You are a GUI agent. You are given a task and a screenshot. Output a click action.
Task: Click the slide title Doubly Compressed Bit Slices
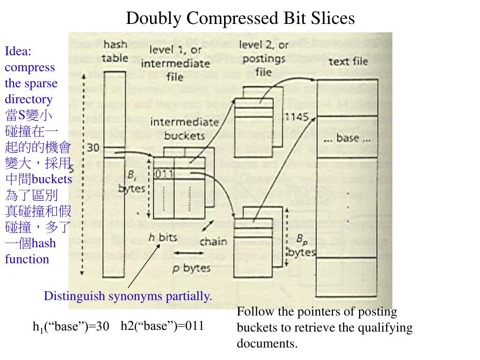(240, 18)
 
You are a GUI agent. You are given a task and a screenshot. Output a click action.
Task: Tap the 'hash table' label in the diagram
(115, 52)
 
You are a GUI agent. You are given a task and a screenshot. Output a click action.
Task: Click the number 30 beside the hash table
(93, 148)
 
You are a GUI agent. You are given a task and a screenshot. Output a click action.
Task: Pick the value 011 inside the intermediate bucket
(164, 174)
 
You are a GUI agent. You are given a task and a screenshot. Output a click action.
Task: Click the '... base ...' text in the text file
(347, 138)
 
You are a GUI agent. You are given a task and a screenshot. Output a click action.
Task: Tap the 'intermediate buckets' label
(178, 128)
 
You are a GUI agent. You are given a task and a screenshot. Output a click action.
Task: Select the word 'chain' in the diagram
(213, 242)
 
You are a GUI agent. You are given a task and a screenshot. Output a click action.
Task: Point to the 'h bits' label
(163, 237)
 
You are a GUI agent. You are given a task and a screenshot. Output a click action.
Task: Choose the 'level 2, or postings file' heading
(263, 59)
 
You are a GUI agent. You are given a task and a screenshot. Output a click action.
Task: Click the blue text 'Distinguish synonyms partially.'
(128, 296)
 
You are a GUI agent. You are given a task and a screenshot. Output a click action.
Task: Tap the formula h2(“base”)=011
(162, 326)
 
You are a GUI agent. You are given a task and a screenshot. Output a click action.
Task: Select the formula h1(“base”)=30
(71, 327)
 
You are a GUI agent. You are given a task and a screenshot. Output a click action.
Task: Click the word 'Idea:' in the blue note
(17, 51)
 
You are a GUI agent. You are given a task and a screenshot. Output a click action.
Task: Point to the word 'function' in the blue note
(27, 259)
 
